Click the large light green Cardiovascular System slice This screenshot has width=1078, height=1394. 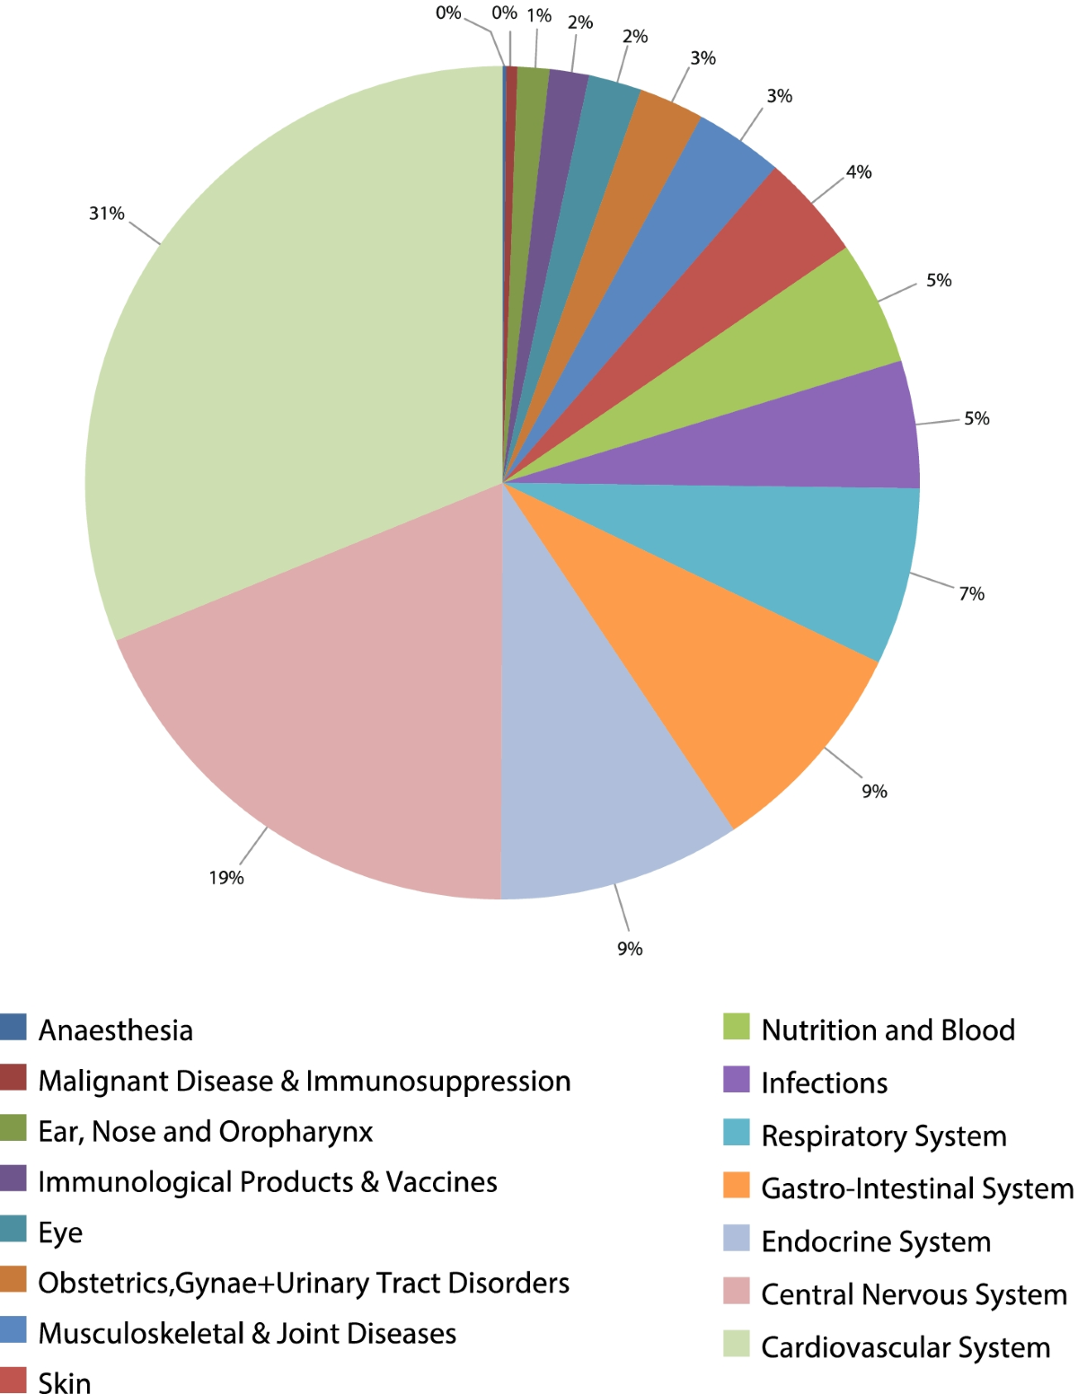[x=296, y=359]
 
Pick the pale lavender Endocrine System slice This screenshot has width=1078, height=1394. [x=584, y=763]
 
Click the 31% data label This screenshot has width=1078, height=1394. [x=106, y=214]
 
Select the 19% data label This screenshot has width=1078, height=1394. [x=226, y=878]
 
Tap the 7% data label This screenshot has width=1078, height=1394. [x=971, y=593]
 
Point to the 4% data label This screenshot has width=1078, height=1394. [x=859, y=171]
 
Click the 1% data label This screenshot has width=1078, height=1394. [x=539, y=16]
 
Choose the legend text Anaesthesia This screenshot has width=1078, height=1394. [x=116, y=1030]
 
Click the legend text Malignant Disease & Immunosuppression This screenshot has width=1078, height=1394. [x=305, y=1081]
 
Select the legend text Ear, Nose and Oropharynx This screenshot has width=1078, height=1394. [x=206, y=1132]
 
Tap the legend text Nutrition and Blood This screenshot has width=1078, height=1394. [x=888, y=1030]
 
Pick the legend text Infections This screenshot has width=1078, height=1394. [x=824, y=1083]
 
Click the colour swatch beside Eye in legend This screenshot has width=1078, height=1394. [x=13, y=1228]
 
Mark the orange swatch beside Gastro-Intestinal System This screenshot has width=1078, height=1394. [x=736, y=1185]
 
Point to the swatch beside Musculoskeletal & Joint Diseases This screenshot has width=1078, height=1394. [x=13, y=1329]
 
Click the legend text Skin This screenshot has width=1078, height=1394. [x=65, y=1382]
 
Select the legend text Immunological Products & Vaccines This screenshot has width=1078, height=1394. [x=268, y=1182]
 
